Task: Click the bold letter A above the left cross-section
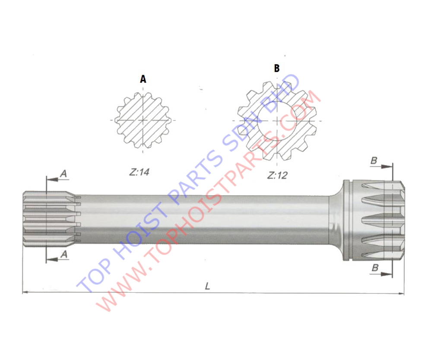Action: (143, 79)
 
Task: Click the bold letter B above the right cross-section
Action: (276, 68)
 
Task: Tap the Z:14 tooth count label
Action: (139, 172)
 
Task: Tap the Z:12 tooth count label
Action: (277, 175)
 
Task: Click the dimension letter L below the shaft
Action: (207, 286)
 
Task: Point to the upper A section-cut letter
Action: (63, 174)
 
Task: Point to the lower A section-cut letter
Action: (64, 255)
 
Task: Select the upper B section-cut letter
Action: (374, 161)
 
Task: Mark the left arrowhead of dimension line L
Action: (25, 293)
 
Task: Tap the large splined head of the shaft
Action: (374, 220)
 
